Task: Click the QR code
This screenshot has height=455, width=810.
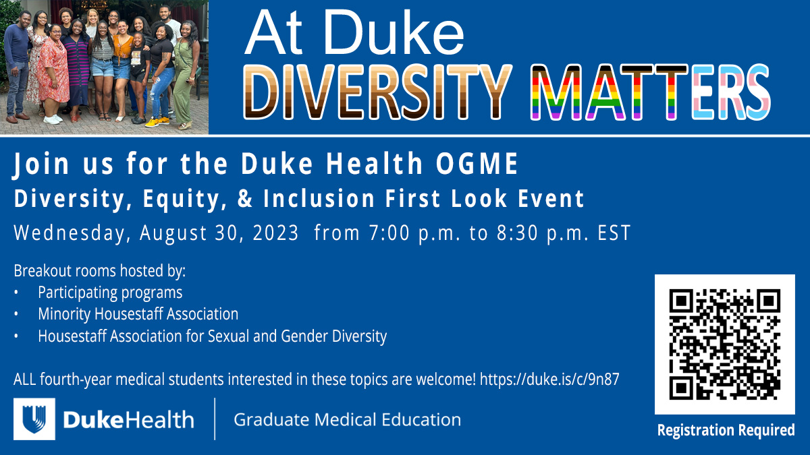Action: tap(724, 344)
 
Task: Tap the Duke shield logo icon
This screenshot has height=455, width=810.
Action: tap(34, 419)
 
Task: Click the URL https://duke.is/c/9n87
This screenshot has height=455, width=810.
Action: tap(549, 380)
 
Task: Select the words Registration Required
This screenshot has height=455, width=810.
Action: tap(726, 429)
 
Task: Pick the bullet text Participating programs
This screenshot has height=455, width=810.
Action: tap(110, 293)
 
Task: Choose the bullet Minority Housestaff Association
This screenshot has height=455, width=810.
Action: tap(138, 314)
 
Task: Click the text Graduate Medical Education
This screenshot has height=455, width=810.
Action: tap(347, 420)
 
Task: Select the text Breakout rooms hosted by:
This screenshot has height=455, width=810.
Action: tap(99, 272)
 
